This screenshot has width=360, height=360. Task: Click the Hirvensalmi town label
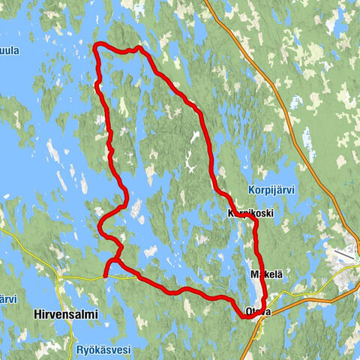point(66,315)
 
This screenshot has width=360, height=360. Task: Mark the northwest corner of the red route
point(94,48)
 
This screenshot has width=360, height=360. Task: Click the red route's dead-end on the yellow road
point(104,276)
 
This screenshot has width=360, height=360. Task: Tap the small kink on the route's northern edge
point(136,49)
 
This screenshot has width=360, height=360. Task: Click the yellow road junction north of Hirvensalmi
point(58,275)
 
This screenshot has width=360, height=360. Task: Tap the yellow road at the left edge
point(3,231)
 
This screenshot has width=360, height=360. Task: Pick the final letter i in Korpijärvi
point(294,190)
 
